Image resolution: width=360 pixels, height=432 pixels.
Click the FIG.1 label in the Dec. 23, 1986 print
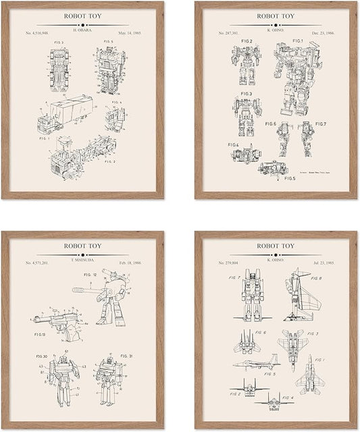(x=298, y=40)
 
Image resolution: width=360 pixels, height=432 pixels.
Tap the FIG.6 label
(x=271, y=124)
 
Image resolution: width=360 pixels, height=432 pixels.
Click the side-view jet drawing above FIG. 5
(x=257, y=362)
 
